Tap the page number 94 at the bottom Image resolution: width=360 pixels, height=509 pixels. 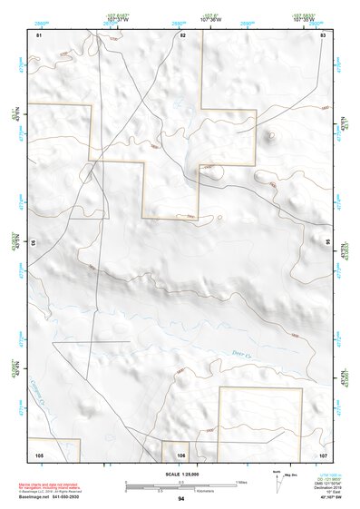point(181,499)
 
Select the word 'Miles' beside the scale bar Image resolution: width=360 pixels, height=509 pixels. point(240,482)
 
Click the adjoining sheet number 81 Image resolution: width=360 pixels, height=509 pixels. point(39,34)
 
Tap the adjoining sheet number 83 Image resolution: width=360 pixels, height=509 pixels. point(323,34)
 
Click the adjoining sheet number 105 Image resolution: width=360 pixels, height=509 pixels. point(39,454)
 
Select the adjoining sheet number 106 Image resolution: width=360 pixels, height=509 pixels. point(181,454)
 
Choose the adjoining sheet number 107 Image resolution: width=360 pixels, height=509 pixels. point(323,454)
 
